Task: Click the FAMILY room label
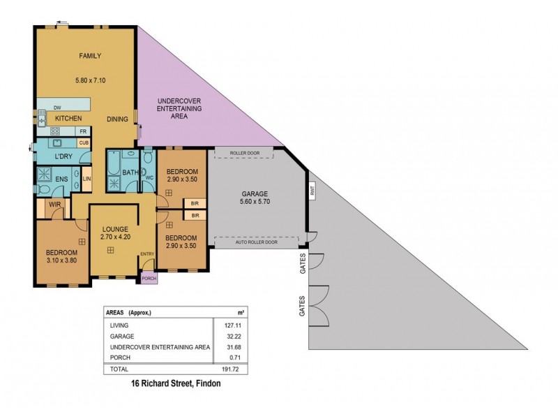coord(91,55)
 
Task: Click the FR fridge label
coord(82,131)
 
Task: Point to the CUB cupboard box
coord(83,143)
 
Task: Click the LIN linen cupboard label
coord(86,179)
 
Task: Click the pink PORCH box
coord(149,278)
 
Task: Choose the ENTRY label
coord(147,253)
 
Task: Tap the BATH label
coord(130,172)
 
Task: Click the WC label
coord(149,177)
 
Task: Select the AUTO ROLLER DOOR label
coord(257,242)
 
